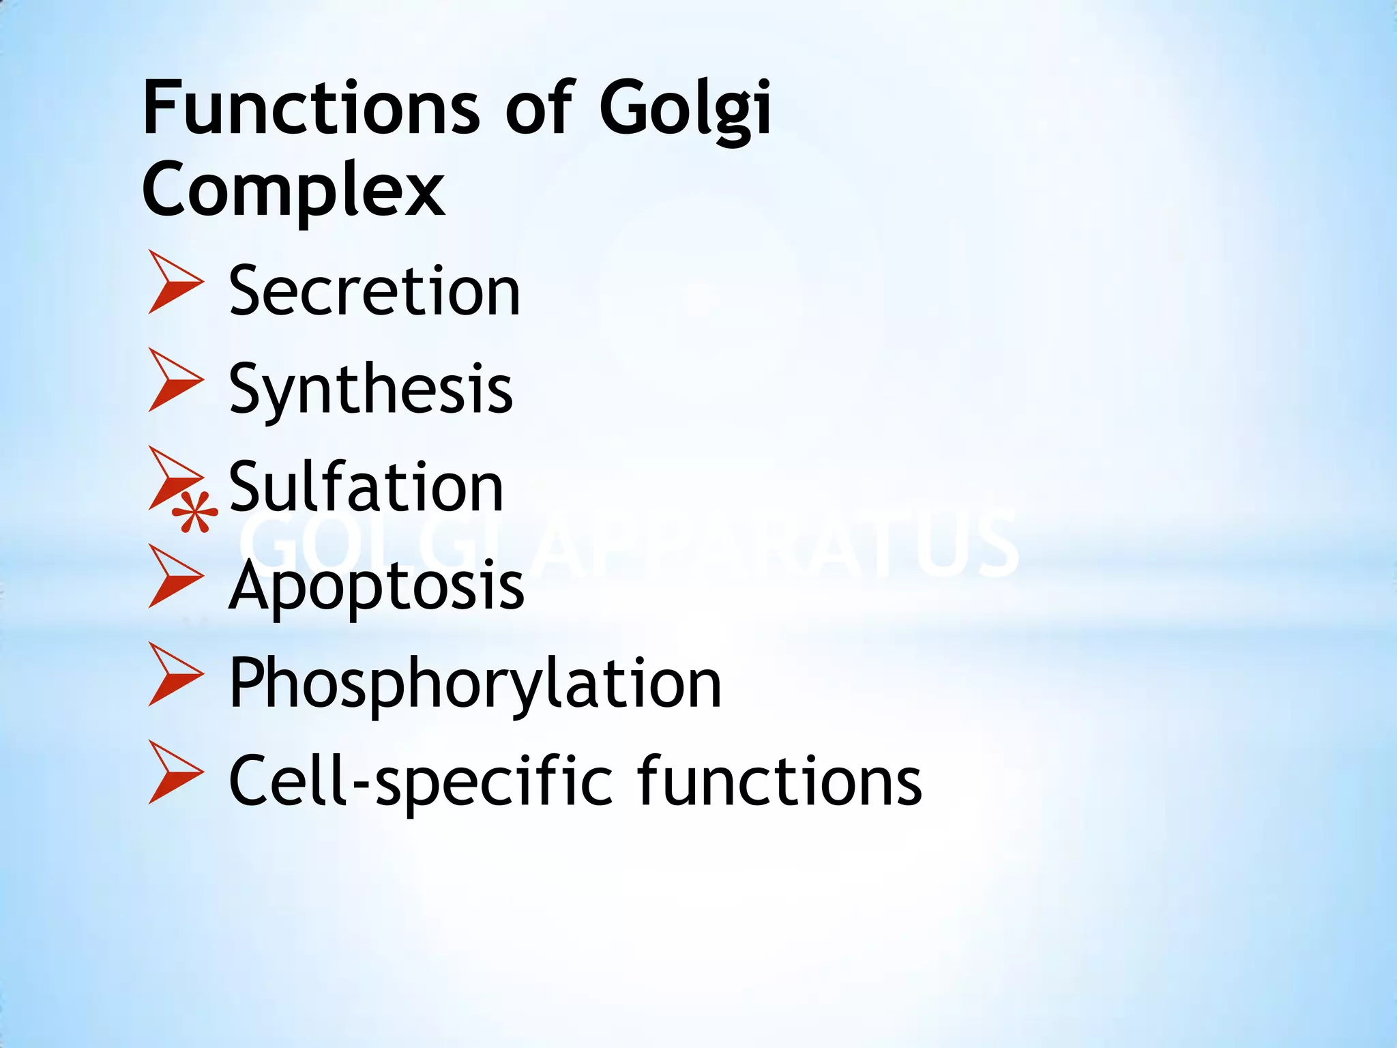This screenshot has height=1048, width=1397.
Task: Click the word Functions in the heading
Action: coord(311,108)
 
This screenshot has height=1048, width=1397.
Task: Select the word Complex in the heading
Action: coord(293,189)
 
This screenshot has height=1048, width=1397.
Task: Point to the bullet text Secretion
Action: coord(374,291)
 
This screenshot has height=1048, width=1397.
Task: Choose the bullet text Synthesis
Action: coord(370,390)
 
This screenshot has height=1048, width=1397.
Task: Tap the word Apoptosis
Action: coord(377,587)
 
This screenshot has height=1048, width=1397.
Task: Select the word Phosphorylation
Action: coord(475,684)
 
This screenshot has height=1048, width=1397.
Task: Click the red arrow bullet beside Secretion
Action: coord(174,282)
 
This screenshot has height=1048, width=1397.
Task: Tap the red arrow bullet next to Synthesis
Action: coord(174,380)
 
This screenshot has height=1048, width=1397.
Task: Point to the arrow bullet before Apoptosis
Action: coord(174,577)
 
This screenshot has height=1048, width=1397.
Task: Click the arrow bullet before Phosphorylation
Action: coord(174,674)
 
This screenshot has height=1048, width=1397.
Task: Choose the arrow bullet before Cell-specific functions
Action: coord(174,772)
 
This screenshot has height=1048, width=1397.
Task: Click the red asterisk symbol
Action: coord(194,513)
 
